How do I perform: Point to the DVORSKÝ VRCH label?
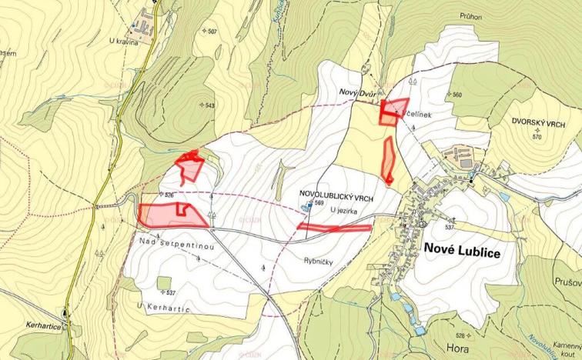(538, 122)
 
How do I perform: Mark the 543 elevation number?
(207, 105)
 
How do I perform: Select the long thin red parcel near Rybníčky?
(334, 227)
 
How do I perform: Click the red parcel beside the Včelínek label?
(394, 110)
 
